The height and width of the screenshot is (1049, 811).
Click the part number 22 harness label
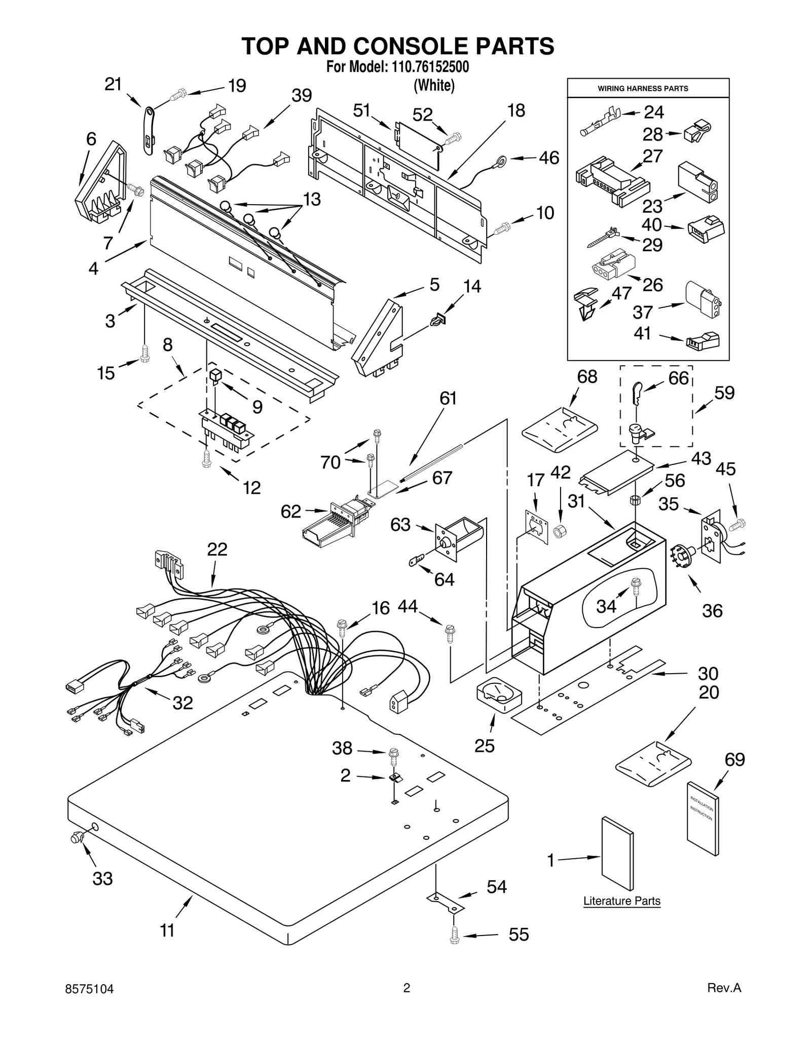pos(217,549)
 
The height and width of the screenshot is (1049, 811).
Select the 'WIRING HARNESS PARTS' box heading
pos(643,88)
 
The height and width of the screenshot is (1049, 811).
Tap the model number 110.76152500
pos(430,67)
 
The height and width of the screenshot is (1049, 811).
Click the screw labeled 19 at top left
pos(179,93)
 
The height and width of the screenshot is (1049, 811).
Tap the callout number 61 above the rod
pos(448,399)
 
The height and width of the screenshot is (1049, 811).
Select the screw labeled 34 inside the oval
pos(635,591)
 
